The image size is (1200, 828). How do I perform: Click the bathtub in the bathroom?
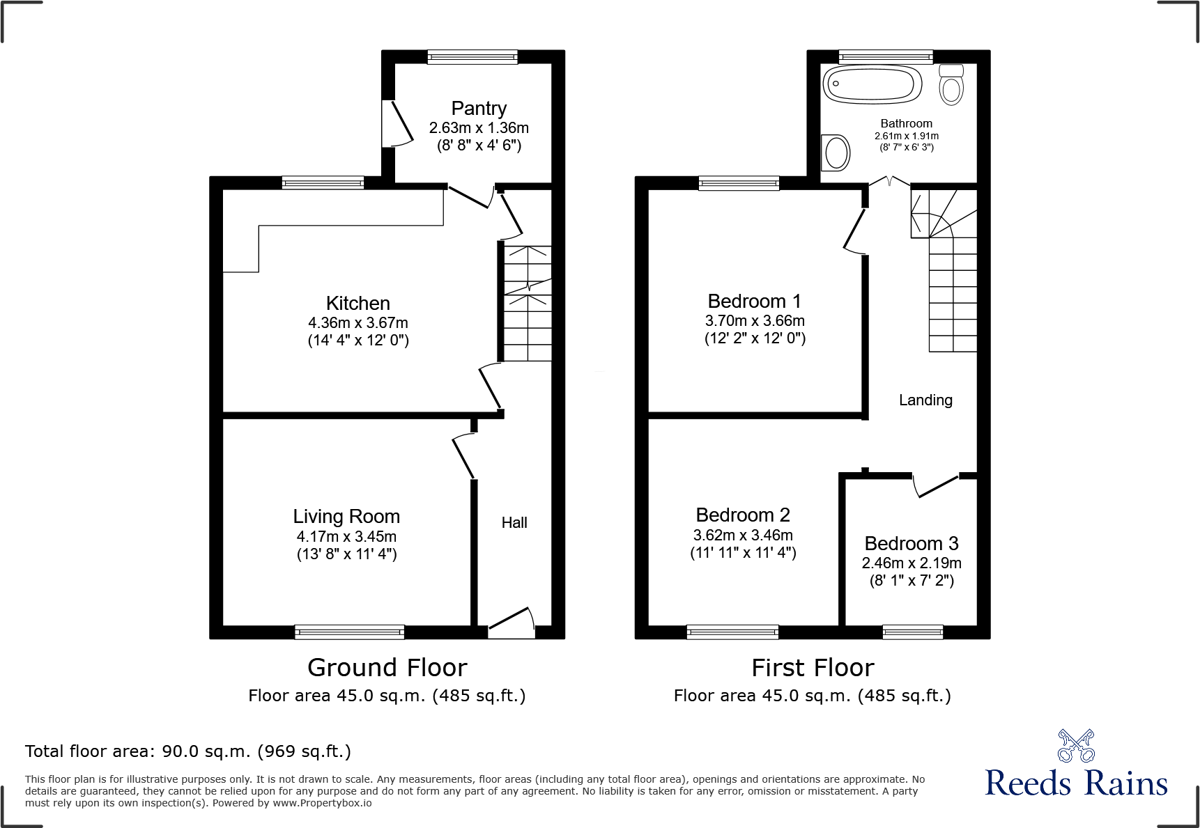[x=872, y=85]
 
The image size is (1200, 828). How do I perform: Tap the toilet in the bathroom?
[x=951, y=85]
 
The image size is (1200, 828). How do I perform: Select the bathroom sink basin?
[x=836, y=153]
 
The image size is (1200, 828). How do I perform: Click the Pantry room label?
[x=479, y=109]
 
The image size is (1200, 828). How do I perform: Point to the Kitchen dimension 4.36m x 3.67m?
[x=358, y=323]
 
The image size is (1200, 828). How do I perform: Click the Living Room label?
[x=346, y=517]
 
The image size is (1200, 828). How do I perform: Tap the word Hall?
[x=514, y=523]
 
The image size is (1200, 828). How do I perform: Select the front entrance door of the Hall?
[x=511, y=622]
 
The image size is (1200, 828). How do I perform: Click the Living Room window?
[x=349, y=632]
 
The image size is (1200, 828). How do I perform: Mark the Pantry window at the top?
[x=472, y=57]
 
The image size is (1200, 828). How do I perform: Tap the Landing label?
[x=925, y=400]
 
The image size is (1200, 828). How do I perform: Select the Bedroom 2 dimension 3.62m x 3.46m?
[x=743, y=536]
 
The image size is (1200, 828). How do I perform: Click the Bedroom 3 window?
[x=913, y=632]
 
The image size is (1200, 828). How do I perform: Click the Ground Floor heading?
[x=387, y=668]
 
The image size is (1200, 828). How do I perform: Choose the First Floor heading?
[x=813, y=668]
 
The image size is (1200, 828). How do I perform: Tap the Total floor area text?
[x=188, y=751]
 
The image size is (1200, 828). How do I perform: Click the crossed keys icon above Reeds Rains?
[x=1076, y=746]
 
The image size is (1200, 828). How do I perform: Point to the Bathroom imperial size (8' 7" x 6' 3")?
[x=907, y=147]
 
